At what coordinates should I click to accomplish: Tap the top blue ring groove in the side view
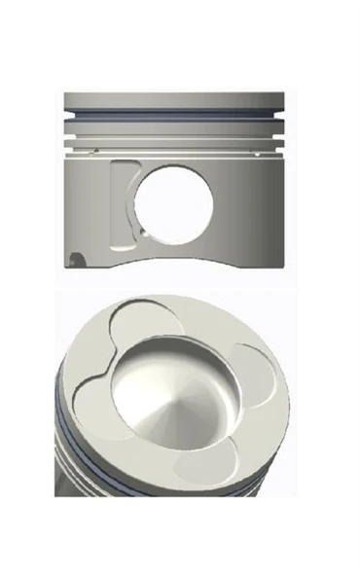175,113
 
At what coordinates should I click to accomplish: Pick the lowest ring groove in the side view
175,143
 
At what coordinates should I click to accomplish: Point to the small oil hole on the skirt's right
255,152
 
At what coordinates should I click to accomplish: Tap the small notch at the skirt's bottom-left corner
77,258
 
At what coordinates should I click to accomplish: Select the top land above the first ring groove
175,101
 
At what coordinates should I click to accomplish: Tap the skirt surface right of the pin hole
248,204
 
